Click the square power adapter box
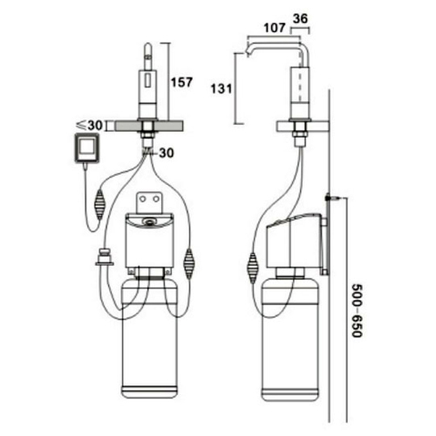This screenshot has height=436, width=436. click(86, 148)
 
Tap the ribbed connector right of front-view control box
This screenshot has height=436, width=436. click(190, 261)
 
